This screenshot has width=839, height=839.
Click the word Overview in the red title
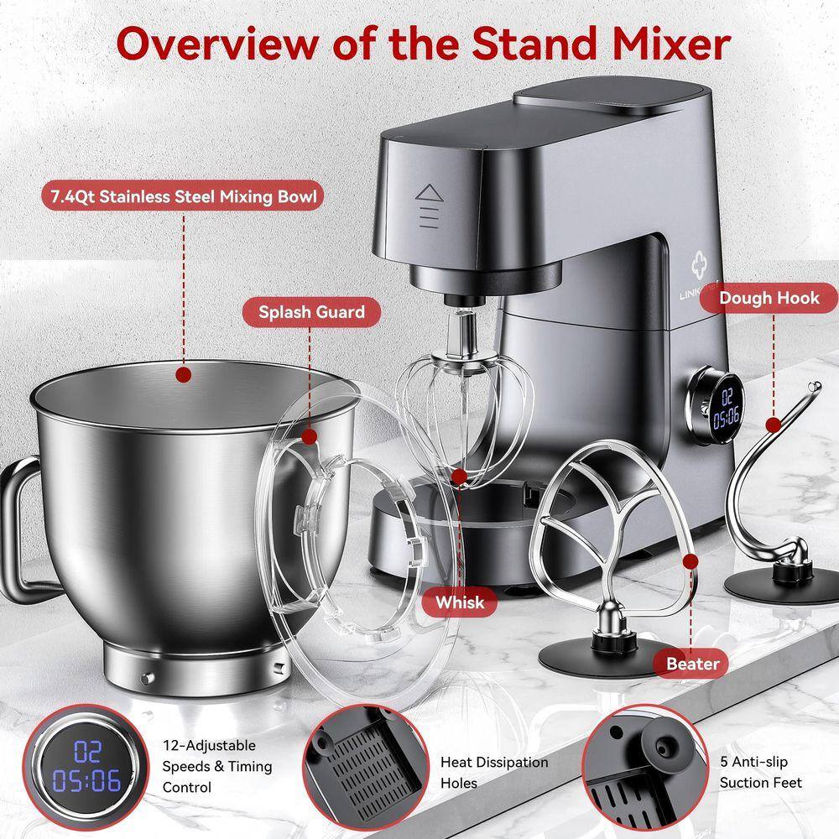(217, 44)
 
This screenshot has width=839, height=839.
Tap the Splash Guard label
(311, 312)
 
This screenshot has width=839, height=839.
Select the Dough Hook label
(769, 298)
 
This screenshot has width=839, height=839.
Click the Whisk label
(460, 602)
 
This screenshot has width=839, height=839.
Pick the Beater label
(692, 664)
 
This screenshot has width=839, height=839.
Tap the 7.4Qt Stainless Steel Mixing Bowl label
(184, 196)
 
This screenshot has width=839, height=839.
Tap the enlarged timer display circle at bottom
(86, 767)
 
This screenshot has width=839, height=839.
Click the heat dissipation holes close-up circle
(366, 767)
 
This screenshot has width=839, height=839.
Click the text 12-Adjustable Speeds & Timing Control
(217, 766)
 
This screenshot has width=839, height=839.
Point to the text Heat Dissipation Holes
(494, 772)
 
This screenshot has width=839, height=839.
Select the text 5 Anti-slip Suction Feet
(760, 772)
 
